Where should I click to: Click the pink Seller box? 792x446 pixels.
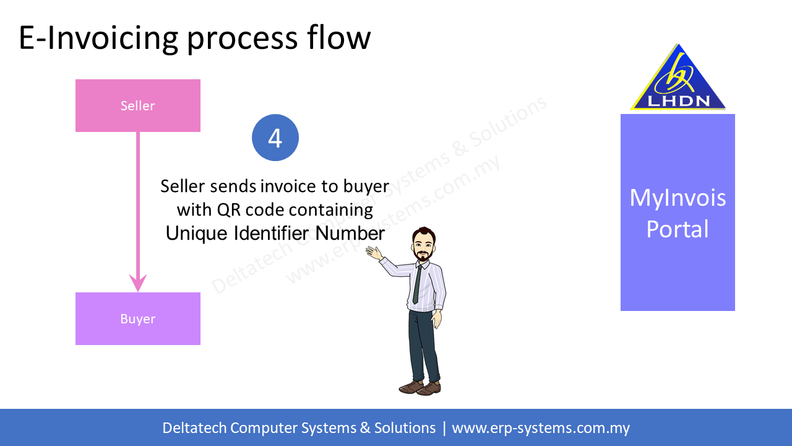(137, 105)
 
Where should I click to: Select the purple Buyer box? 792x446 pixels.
(137, 318)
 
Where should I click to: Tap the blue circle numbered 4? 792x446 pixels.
(275, 138)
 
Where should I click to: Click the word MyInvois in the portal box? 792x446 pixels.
(678, 198)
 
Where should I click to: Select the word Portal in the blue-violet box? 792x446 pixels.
(678, 229)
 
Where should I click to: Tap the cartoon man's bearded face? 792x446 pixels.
(424, 246)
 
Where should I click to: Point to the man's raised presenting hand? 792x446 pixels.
(374, 253)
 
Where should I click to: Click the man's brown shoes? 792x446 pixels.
(420, 388)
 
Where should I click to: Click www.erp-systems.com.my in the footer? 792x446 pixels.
(541, 428)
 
